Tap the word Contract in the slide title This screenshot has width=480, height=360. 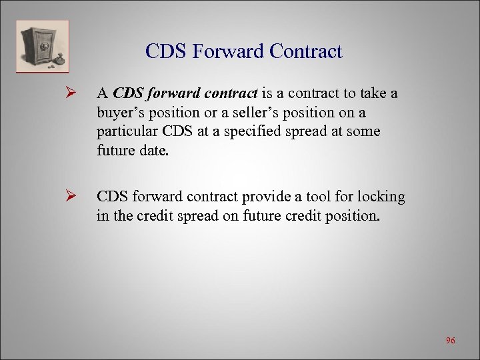pyautogui.click(x=304, y=52)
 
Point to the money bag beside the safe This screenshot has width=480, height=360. pyautogui.click(x=60, y=61)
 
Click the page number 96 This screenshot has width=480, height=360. pyautogui.click(x=451, y=341)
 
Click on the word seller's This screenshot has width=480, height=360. pyautogui.click(x=239, y=113)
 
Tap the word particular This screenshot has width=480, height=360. pyautogui.click(x=127, y=132)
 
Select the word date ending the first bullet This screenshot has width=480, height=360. pyautogui.click(x=154, y=151)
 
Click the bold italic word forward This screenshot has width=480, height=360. pyautogui.click(x=167, y=93)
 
